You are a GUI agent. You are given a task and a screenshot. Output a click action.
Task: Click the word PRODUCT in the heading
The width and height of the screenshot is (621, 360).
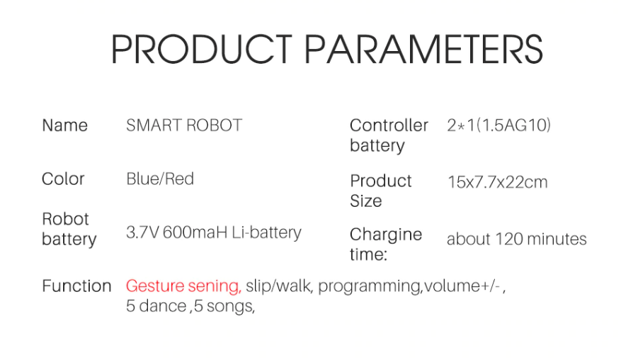click(201, 49)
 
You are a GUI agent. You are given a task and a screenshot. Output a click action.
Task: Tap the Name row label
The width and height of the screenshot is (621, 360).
click(64, 125)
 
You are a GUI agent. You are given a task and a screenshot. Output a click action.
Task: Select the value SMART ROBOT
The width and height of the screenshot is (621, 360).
click(184, 125)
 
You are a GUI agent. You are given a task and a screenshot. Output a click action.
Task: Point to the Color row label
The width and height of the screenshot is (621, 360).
click(63, 179)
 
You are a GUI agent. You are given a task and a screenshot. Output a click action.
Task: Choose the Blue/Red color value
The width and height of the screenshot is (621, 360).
click(160, 179)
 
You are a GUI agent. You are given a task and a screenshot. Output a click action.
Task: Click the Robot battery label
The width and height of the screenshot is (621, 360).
click(69, 229)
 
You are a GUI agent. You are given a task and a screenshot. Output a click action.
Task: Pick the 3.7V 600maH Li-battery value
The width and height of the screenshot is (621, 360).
click(214, 232)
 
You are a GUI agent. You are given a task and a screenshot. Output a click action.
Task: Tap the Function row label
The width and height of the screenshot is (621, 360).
click(76, 286)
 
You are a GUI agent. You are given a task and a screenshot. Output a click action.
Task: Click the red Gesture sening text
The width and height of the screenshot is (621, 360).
click(183, 286)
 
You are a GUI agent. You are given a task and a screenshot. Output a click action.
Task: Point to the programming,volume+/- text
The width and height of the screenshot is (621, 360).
click(411, 286)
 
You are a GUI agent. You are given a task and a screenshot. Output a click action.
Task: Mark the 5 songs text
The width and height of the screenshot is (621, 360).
click(224, 306)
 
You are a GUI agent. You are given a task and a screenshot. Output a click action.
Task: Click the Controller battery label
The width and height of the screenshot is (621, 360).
click(389, 135)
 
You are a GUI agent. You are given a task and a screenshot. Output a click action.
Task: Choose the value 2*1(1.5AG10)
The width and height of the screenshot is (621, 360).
click(498, 125)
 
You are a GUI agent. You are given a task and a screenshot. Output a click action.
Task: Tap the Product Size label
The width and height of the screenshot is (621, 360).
click(380, 191)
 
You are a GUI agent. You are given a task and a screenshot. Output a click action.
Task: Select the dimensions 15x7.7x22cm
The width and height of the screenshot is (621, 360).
click(497, 182)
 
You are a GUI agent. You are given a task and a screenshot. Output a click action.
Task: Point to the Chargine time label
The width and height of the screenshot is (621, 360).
click(385, 244)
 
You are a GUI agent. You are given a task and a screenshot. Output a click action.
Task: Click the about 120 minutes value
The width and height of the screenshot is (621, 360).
click(516, 239)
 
